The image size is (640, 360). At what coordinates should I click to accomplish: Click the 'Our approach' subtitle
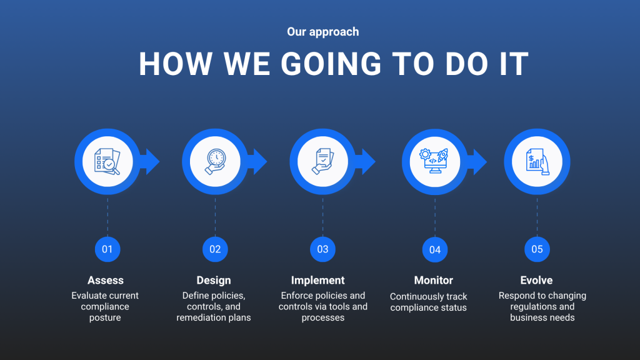[323, 32]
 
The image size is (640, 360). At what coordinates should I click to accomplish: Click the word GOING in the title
[331, 64]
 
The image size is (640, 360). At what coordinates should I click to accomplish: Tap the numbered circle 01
[107, 249]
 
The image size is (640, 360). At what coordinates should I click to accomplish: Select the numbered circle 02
[215, 249]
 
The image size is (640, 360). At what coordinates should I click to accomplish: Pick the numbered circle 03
[322, 249]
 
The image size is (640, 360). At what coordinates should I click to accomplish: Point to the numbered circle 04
[435, 250]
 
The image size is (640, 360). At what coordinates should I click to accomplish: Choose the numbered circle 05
[537, 249]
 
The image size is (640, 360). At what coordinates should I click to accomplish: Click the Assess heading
[105, 281]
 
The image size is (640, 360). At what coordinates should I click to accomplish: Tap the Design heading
[214, 281]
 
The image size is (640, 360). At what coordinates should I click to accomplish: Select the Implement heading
[317, 281]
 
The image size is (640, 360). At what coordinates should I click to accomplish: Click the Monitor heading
[434, 281]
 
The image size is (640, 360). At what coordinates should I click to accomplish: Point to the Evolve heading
[536, 281]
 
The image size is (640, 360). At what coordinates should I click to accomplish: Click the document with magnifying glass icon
[107, 162]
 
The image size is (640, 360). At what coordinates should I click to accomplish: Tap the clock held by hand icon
[215, 162]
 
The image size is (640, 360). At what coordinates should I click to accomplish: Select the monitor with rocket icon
[434, 161]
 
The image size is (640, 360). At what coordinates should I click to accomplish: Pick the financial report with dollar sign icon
[537, 162]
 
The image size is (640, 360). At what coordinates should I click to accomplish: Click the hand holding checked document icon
[323, 162]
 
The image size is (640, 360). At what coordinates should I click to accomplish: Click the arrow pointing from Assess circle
[150, 162]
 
